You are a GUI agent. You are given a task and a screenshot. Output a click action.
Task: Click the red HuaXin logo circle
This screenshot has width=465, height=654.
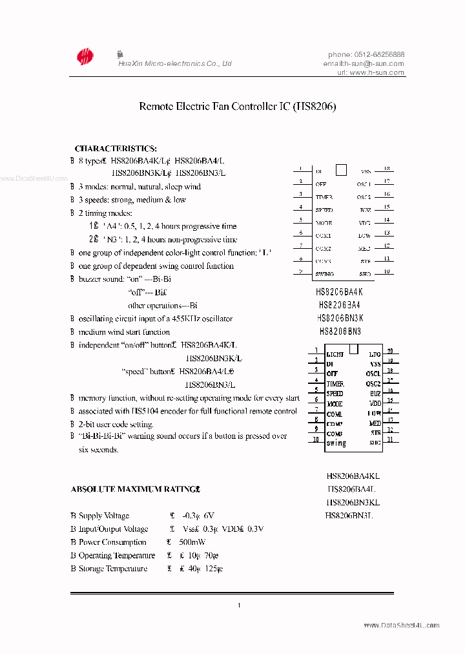point(85,58)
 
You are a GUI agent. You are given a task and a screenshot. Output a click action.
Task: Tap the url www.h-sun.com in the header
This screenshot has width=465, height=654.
point(377,73)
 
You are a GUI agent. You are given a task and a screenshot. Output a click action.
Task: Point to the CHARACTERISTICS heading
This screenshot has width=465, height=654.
point(116,149)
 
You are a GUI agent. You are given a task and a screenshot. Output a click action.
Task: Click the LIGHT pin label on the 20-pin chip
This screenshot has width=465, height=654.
point(335,354)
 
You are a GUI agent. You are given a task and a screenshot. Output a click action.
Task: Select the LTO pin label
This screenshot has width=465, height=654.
point(375,354)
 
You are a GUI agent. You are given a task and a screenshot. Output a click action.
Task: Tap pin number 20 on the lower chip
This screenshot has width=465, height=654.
point(390,351)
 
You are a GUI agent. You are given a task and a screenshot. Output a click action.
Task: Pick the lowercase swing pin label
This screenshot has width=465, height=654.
point(336,443)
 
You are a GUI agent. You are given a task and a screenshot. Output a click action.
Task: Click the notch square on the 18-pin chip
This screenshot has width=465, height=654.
point(342,170)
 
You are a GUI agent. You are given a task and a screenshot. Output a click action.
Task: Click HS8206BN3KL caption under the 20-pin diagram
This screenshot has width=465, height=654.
point(353,501)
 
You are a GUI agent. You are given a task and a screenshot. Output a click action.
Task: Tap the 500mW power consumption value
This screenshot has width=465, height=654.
point(194,542)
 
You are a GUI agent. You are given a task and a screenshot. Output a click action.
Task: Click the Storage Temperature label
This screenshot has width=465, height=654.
point(113,569)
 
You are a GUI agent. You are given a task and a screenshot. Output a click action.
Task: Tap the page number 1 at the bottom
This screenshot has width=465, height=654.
point(239,606)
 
